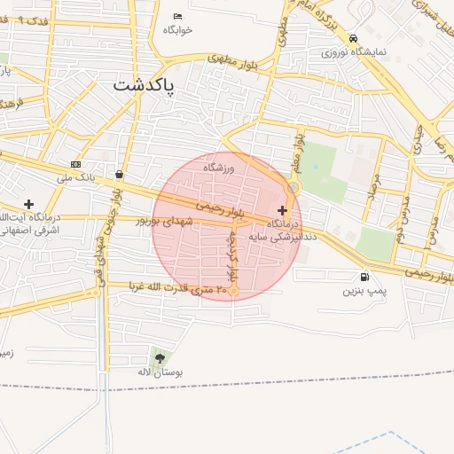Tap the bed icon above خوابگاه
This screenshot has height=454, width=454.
pyautogui.click(x=178, y=16)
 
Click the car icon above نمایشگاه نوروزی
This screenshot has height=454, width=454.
pyautogui.click(x=354, y=38)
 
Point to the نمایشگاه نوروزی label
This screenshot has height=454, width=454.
pyautogui.click(x=356, y=51)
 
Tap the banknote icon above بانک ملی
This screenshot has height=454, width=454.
pyautogui.click(x=75, y=164)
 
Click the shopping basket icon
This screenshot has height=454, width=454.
pyautogui.click(x=119, y=175)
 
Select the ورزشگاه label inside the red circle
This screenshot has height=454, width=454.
pyautogui.click(x=217, y=168)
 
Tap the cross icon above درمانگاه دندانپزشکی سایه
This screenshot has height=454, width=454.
pyautogui.click(x=283, y=210)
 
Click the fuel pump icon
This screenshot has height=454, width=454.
pyautogui.click(x=365, y=276)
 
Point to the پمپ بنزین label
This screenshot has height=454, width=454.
pyautogui.click(x=364, y=290)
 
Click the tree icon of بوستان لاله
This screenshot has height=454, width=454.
pyautogui.click(x=160, y=358)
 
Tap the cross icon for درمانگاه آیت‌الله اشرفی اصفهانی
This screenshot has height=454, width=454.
pyautogui.click(x=29, y=204)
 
